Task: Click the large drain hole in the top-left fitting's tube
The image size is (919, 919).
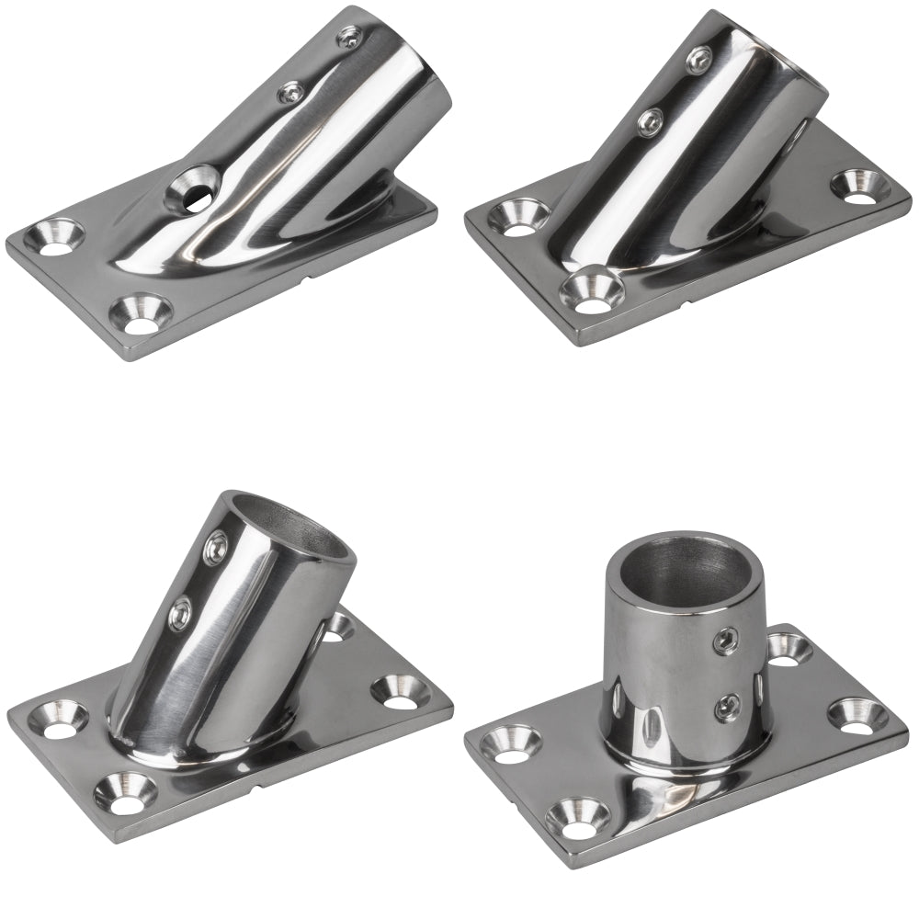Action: pyautogui.click(x=191, y=187)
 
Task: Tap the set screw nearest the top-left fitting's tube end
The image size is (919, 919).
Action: pyautogui.click(x=348, y=38)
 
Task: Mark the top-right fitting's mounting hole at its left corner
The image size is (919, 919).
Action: pyautogui.click(x=511, y=217)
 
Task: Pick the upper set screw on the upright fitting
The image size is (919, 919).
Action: pyautogui.click(x=727, y=636)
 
